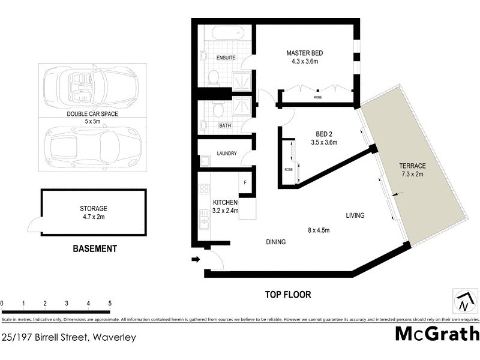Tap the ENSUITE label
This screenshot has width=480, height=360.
pos(226,58)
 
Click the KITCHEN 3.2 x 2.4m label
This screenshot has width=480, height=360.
pos(226,206)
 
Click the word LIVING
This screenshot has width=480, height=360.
pos(355,215)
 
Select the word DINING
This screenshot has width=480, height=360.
pos(275,242)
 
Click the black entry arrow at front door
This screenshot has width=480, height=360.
pos(195,260)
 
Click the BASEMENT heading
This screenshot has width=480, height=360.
pos(94,248)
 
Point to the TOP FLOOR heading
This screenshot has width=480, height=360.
pos(288,295)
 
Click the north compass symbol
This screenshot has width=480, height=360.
pos(463,301)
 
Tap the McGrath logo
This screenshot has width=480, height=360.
pos(437,334)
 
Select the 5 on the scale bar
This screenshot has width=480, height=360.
pos(109,304)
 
